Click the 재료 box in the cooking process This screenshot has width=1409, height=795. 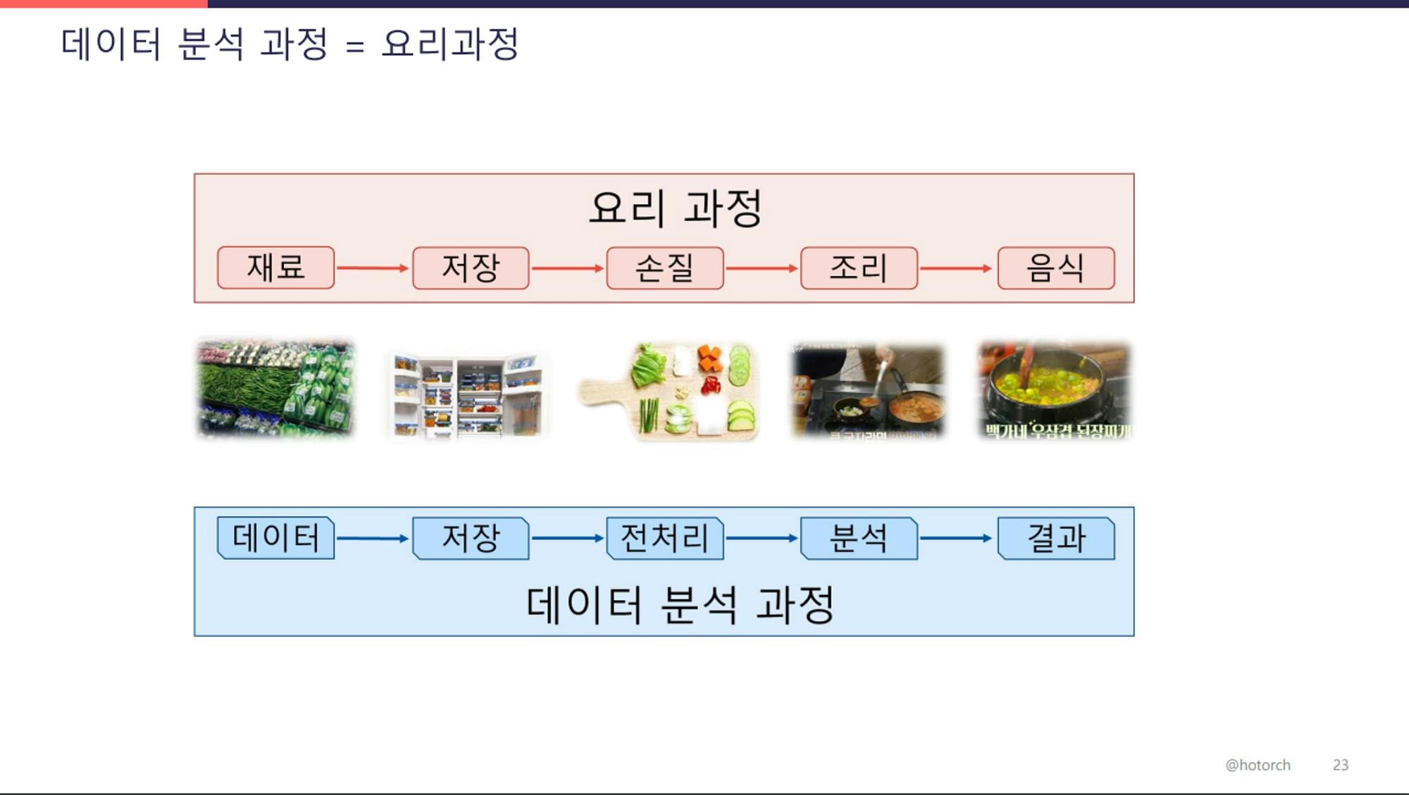tap(275, 268)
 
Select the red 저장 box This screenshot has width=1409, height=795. tap(471, 268)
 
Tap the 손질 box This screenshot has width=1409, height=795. tap(664, 268)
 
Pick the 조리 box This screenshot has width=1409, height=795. tap(859, 268)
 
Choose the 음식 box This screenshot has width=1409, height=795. tap(1055, 268)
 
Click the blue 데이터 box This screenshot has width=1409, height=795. tap(275, 538)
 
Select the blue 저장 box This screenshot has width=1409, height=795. tap(471, 538)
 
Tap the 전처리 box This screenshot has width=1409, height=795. tap(664, 538)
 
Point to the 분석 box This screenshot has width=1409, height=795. tap(859, 538)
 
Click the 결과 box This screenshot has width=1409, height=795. tap(1055, 538)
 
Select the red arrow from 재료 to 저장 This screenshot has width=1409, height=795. tap(373, 268)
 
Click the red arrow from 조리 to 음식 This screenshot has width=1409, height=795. tap(956, 268)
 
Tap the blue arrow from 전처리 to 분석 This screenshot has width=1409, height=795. tap(762, 538)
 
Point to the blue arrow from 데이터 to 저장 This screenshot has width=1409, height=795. tap(373, 538)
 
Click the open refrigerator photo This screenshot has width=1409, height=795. tap(467, 395)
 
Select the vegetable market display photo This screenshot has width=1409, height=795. tap(275, 388)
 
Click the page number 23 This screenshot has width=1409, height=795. tap(1340, 765)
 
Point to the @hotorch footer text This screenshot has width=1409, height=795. tap(1258, 765)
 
